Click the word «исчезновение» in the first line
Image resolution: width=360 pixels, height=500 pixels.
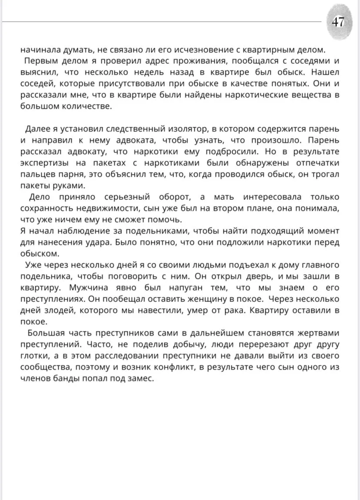coord(191,49)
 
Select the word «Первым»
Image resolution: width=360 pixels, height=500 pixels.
coord(40,60)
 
